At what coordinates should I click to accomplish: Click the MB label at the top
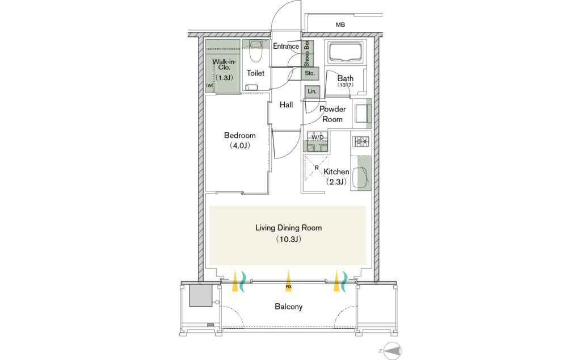click(x=340, y=25)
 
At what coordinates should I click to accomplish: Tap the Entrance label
click(x=286, y=47)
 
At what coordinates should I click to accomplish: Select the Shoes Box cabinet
click(x=306, y=54)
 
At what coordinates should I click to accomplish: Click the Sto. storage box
click(x=310, y=73)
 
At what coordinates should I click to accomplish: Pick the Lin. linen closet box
click(x=311, y=91)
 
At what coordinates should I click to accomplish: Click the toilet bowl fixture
click(x=255, y=52)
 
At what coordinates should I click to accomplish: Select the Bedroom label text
click(x=239, y=136)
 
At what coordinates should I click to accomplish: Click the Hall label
click(x=286, y=105)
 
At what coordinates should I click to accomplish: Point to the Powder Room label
click(x=332, y=114)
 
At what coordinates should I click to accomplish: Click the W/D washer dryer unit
click(x=316, y=142)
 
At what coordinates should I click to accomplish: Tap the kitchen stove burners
click(x=361, y=141)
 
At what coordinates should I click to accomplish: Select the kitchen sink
click(x=361, y=175)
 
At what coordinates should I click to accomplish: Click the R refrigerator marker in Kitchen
click(x=315, y=168)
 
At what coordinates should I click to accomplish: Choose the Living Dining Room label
click(x=288, y=228)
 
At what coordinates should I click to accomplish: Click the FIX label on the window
click(x=288, y=287)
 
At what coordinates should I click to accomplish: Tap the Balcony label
click(x=288, y=307)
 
